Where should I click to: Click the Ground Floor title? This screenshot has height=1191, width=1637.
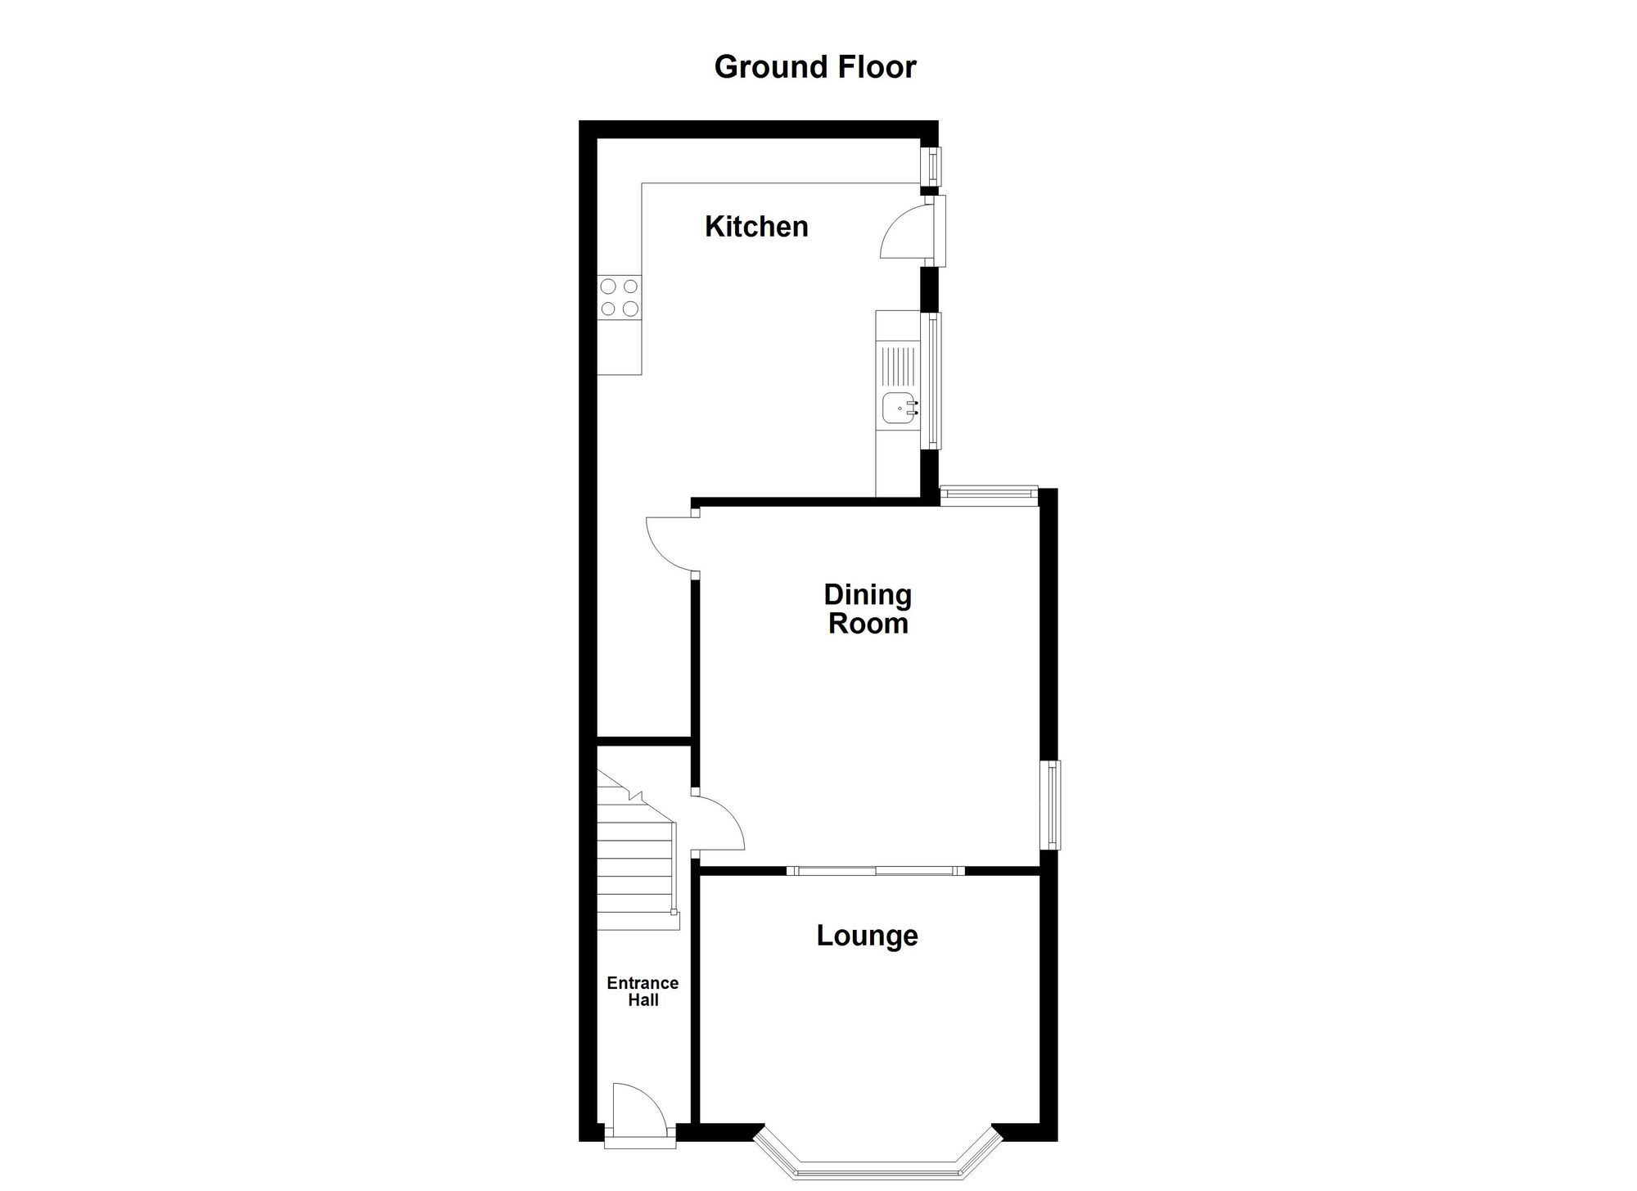814,67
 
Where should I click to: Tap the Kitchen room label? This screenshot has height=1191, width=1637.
756,227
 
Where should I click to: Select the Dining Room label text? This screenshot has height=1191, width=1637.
868,609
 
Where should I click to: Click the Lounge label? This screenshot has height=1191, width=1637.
867,935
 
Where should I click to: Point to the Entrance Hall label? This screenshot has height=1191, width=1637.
643,991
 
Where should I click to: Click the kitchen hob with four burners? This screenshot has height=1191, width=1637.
620,297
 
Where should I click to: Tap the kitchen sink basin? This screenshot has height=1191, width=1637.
900,407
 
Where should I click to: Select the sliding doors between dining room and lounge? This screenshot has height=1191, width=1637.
875,870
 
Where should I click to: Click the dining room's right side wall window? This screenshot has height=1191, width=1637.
1051,805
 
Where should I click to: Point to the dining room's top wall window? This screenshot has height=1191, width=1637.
989,493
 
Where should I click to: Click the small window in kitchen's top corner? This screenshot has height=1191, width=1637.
931,166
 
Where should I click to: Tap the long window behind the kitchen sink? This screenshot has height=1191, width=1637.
931,381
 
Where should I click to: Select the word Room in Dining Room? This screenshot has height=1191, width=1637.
868,624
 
